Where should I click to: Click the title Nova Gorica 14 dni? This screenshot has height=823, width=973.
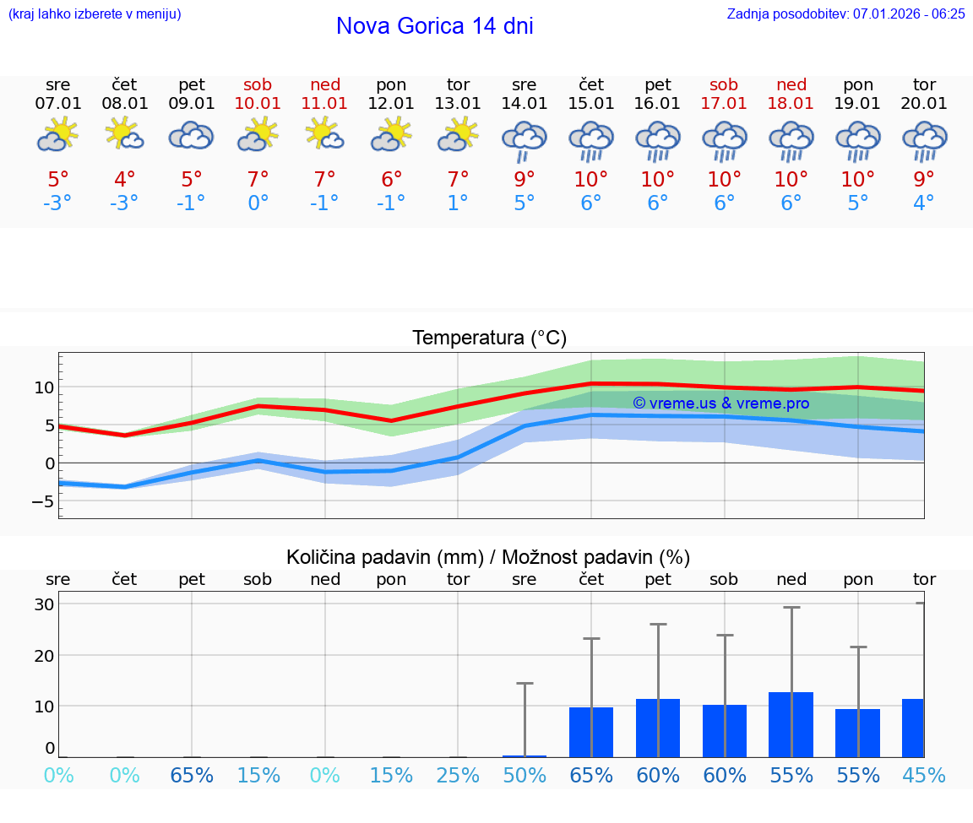coord(434,26)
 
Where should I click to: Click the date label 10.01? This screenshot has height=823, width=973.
coord(258,103)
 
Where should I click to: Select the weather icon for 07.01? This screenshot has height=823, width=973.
coord(57,135)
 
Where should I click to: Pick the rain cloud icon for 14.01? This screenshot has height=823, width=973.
coord(525,140)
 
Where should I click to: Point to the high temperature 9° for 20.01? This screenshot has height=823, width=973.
coord(924,179)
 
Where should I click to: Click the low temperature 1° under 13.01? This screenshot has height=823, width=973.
coord(458,203)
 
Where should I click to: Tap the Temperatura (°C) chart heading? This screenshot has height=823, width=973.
coord(489,338)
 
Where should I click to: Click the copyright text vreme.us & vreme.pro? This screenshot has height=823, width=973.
coord(720,403)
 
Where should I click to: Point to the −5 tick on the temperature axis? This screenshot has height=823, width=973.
coord(43,501)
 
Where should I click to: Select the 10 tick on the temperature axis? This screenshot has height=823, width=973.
coord(44,387)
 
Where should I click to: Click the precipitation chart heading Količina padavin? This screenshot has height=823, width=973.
coord(488,557)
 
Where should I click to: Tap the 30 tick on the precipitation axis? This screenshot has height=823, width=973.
coord(44,604)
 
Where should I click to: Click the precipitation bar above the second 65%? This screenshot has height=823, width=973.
coord(591,732)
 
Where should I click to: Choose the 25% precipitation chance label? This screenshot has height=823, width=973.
coord(458,775)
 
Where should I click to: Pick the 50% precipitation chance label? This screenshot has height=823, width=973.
coord(525,775)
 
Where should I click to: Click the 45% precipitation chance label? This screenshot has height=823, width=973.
coord(924,775)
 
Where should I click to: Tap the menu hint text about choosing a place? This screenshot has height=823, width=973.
coord(95,14)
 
